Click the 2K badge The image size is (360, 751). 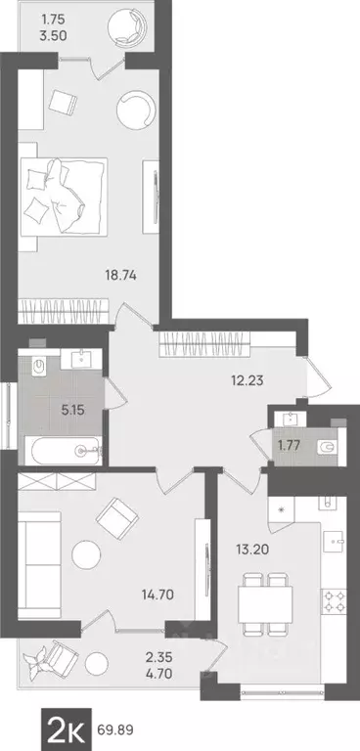(68, 727)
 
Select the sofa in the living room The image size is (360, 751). (36, 552)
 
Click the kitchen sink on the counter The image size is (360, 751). (332, 538)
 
